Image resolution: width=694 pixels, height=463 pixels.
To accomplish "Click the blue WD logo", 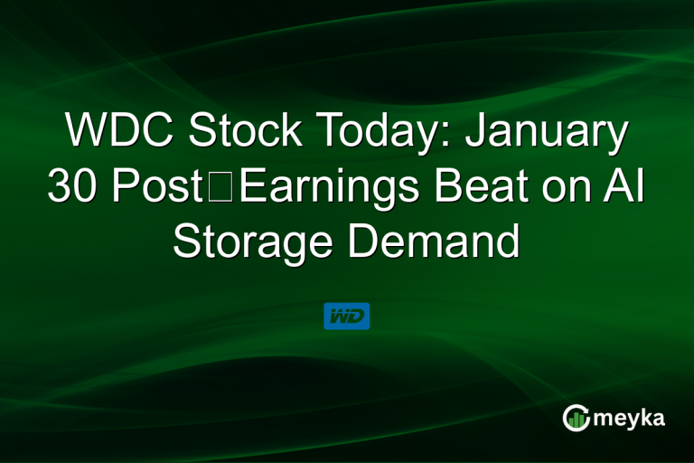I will click(x=346, y=317).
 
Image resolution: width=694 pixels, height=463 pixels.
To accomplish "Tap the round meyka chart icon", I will click(x=576, y=417).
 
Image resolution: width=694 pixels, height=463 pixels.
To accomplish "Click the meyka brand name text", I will click(x=631, y=418).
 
